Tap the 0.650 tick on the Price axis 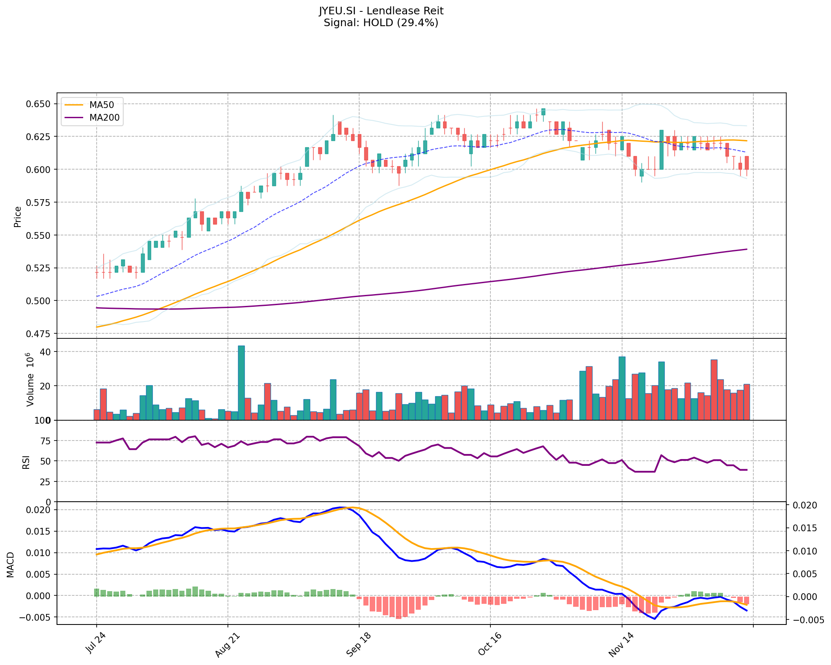tap(39, 104)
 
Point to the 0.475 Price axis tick tap(39, 334)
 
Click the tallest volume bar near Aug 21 tap(241, 382)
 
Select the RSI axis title tap(26, 462)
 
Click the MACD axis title tap(10, 565)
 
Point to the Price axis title tap(17, 217)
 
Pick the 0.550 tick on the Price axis tap(39, 235)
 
